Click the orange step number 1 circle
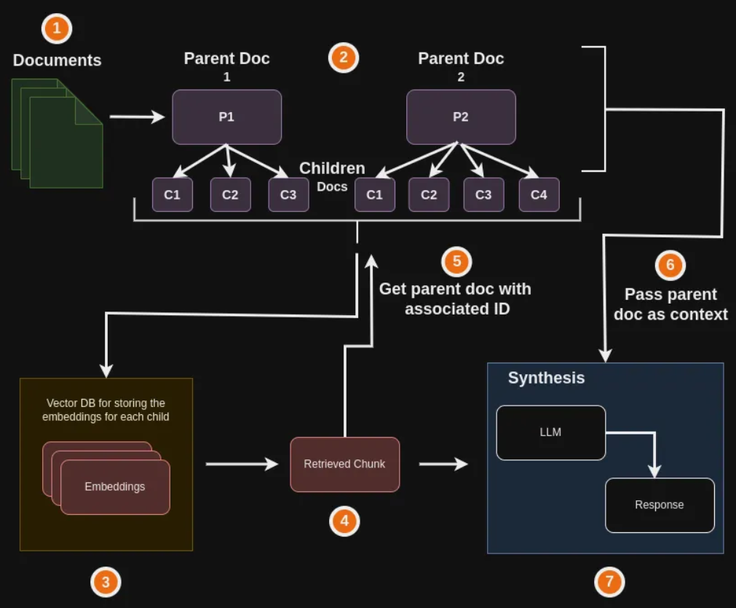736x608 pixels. coord(58,29)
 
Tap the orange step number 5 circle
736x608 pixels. coord(456,261)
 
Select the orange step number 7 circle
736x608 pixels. coord(609,581)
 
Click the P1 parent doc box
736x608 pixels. coord(226,117)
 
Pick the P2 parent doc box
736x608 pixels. coord(461,117)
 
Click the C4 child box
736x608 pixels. coord(539,194)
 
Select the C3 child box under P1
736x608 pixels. coord(288,194)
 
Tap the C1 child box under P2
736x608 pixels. coord(374,194)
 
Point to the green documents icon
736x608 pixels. coord(57,133)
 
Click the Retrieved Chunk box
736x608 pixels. coord(344,464)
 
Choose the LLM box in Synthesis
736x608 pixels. coord(550,433)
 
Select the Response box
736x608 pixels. coord(660,505)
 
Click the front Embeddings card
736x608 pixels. coord(115,486)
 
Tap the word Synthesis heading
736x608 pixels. coord(546,378)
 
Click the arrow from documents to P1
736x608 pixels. coord(137,117)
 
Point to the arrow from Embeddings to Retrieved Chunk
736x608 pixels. coord(242,464)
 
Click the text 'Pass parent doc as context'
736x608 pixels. coord(670,304)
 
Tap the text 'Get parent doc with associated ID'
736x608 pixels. coord(455,299)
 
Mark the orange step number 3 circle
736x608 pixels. coord(106,581)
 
